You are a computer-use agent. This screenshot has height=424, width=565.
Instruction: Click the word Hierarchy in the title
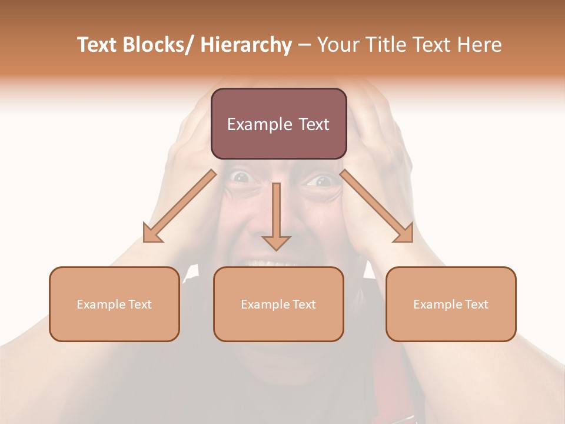tap(246, 45)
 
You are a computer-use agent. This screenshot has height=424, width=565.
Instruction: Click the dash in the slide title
tap(304, 45)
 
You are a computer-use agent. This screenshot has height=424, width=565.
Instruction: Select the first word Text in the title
tap(98, 45)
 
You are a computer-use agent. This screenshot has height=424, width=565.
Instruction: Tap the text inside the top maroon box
tap(278, 124)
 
